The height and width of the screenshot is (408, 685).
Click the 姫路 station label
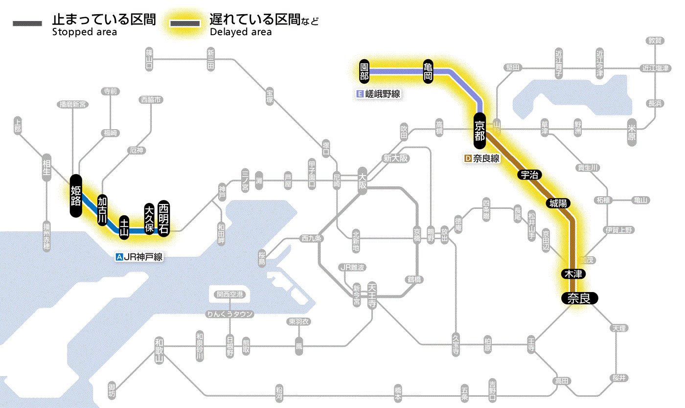click(x=76, y=196)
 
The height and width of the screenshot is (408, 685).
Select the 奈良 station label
click(x=579, y=298)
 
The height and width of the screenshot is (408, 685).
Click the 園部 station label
click(x=364, y=71)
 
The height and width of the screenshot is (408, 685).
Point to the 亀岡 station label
click(x=428, y=71)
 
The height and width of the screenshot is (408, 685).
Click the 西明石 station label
click(x=163, y=218)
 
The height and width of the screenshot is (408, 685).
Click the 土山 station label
click(x=125, y=227)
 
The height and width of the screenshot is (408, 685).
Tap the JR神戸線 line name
click(x=139, y=257)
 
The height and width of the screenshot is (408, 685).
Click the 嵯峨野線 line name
click(x=379, y=94)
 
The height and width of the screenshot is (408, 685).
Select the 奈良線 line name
click(x=482, y=159)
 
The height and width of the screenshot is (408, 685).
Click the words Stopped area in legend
click(x=84, y=32)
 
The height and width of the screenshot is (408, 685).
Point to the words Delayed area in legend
click(x=240, y=32)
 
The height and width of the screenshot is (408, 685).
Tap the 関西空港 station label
click(x=229, y=295)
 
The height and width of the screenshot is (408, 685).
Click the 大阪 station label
click(x=362, y=182)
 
